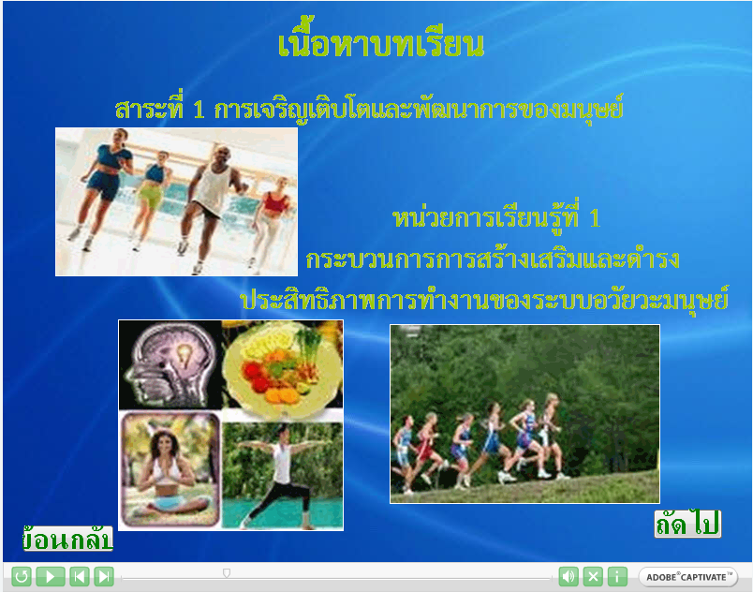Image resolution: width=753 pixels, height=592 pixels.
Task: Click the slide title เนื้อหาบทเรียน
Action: (381, 43)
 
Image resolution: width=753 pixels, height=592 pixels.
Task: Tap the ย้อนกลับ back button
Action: (67, 539)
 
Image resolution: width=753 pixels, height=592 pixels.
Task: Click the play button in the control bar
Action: (51, 576)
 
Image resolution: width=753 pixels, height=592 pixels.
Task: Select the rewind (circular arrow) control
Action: (22, 576)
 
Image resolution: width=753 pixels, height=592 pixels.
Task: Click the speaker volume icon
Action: (568, 576)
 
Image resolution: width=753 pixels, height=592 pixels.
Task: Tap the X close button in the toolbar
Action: (593, 576)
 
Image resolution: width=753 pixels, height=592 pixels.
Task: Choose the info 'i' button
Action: (617, 576)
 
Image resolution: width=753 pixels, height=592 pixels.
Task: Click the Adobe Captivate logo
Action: (687, 577)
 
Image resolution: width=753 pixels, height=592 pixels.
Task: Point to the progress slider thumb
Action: (227, 572)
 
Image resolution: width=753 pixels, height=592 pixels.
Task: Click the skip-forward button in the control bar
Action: (104, 576)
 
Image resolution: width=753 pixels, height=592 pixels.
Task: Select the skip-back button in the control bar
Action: (80, 576)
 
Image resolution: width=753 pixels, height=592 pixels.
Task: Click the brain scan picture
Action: (170, 365)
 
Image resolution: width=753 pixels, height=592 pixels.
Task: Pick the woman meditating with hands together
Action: (170, 469)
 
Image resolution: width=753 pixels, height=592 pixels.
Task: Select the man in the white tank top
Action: (210, 206)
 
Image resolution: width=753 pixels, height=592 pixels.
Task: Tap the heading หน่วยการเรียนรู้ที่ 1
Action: (496, 219)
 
